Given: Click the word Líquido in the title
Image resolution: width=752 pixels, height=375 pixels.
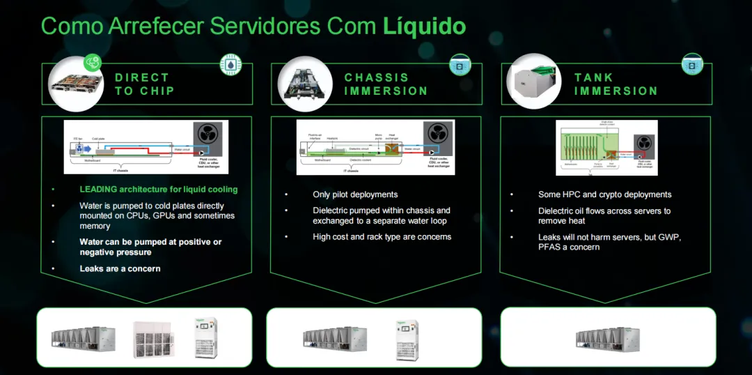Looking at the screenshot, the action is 424,26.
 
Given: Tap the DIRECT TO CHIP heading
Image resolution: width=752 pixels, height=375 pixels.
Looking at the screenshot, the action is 145,84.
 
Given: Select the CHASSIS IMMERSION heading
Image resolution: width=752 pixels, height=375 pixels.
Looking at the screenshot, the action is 386,84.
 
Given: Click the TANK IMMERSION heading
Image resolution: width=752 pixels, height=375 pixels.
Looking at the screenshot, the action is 616,84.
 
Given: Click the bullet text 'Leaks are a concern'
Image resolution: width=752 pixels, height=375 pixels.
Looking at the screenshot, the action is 120,268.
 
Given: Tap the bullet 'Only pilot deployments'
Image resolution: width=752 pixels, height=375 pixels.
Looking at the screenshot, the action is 355,194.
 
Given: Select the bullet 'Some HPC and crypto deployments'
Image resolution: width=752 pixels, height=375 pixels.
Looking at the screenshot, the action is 604,194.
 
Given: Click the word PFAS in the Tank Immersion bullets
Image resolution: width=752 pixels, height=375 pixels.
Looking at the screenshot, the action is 549,247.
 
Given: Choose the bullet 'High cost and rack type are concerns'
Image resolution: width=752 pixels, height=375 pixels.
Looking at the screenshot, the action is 382,237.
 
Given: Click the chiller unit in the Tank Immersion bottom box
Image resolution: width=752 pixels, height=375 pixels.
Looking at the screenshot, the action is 608,338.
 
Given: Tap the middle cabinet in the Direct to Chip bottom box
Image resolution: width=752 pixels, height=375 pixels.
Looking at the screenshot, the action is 153,338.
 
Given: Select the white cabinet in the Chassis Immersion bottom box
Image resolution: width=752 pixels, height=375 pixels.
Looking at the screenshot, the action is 407,339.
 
